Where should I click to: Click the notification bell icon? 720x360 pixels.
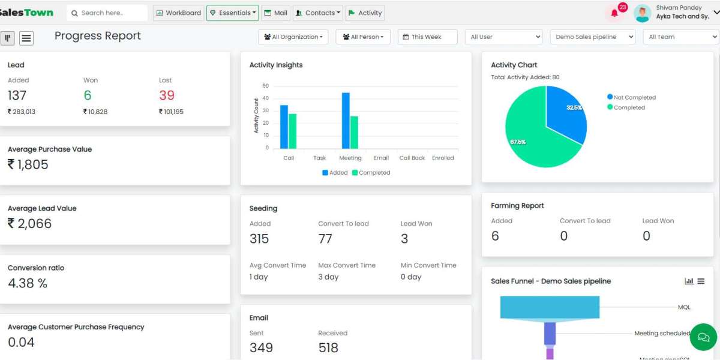[x=614, y=13]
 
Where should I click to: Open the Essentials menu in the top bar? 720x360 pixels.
[x=232, y=13]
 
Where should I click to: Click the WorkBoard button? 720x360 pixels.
[x=178, y=13]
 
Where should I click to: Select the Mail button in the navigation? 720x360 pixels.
[x=275, y=13]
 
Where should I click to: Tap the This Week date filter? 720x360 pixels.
[x=427, y=37]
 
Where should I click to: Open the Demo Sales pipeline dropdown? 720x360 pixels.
[x=593, y=37]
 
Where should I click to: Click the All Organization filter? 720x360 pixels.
[x=293, y=37]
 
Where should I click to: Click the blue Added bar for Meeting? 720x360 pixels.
[x=346, y=121]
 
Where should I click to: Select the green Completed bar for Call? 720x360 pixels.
[x=293, y=131]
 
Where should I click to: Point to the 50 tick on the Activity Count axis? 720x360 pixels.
[x=265, y=86]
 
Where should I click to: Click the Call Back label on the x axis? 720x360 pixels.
[x=412, y=158]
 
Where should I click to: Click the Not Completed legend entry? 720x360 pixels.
[x=631, y=97]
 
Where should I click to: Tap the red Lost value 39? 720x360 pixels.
[x=167, y=95]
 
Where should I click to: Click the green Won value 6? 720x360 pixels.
[x=88, y=95]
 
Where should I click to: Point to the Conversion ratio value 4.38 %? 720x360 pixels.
[x=28, y=283]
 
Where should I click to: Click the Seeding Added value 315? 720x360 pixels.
[x=259, y=239]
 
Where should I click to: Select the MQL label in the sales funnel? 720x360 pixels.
[x=684, y=307]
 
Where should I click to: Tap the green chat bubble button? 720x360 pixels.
[x=703, y=337]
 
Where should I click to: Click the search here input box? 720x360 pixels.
[x=107, y=13]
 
